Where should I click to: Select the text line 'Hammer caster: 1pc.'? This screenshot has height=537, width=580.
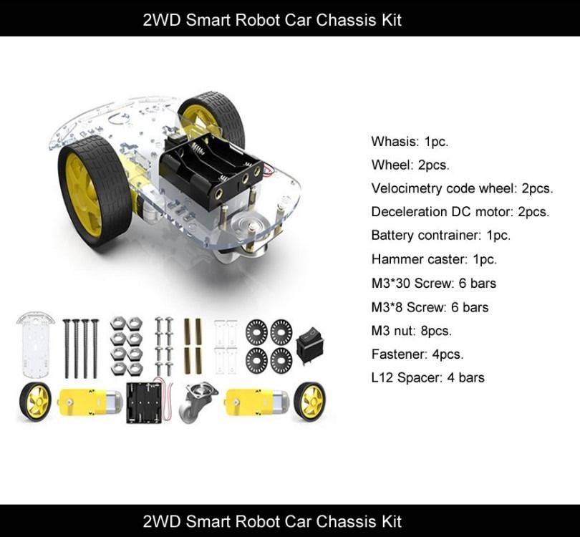point(433,259)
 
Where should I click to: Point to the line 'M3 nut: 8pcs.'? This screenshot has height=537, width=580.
point(411,330)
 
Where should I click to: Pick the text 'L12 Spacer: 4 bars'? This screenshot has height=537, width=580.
point(427,377)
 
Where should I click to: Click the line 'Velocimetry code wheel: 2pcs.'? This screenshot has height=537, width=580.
point(462,188)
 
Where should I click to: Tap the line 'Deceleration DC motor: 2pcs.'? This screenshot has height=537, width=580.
point(460,212)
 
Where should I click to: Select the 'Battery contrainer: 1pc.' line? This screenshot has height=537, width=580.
point(440,236)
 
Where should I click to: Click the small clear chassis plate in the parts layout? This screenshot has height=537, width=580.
point(35,345)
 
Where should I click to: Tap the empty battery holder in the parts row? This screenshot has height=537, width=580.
point(145,402)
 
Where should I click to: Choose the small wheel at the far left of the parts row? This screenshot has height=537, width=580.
point(36,402)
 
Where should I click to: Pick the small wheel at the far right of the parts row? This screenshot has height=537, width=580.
point(309,401)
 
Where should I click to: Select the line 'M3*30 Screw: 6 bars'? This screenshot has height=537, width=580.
point(433,283)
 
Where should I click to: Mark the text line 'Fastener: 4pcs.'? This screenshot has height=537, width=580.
point(417,354)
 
